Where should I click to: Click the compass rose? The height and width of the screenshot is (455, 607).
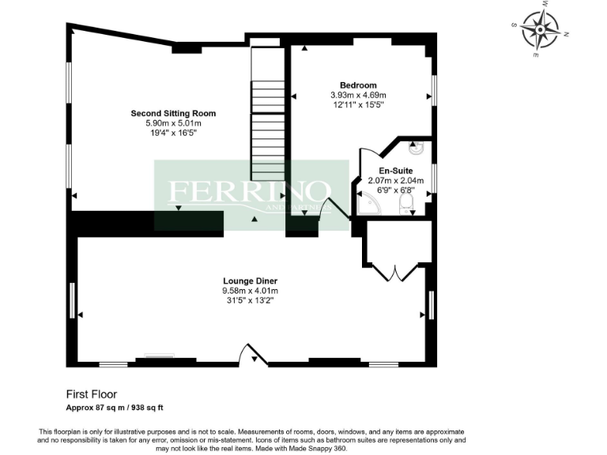(x=543, y=30)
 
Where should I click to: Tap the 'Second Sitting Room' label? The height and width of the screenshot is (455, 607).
(x=173, y=114)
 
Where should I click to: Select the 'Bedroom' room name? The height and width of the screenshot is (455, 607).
(x=358, y=85)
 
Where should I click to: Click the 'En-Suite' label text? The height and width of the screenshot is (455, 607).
(x=396, y=171)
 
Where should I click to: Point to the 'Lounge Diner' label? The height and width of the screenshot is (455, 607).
(x=250, y=281)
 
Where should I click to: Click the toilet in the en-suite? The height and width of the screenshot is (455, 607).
(x=407, y=205)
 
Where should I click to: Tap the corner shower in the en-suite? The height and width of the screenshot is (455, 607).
(x=368, y=205)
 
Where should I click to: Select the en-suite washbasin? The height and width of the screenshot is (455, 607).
(x=417, y=146)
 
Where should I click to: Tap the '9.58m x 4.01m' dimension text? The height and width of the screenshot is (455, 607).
(x=250, y=291)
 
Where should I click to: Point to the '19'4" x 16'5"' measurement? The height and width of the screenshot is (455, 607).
(x=173, y=133)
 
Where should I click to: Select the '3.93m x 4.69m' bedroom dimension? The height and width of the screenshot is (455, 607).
(x=358, y=95)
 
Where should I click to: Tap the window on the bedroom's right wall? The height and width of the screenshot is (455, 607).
(x=433, y=88)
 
